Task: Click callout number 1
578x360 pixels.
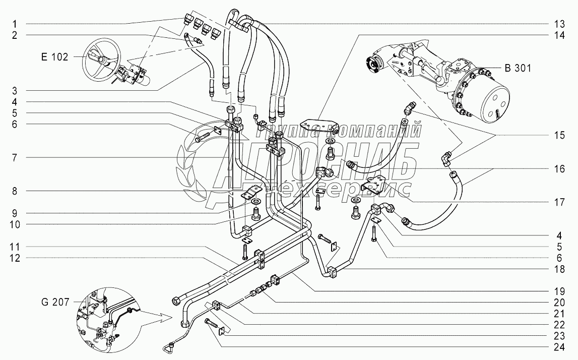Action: [x=15, y=23]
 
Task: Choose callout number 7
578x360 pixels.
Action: [x=15, y=157]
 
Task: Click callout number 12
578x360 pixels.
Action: [x=15, y=258]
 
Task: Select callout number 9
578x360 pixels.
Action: [x=15, y=212]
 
